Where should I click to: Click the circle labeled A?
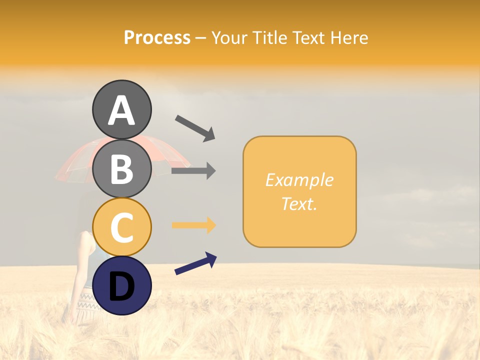click(x=121, y=109)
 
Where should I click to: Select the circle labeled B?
click(x=121, y=168)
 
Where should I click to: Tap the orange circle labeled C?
click(x=121, y=227)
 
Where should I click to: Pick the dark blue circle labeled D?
click(x=121, y=285)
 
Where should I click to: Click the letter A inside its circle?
click(x=121, y=110)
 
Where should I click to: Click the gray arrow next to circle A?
click(x=195, y=127)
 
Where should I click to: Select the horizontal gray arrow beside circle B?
click(x=193, y=171)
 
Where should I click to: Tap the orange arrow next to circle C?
click(x=193, y=225)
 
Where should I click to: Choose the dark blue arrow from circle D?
click(x=195, y=263)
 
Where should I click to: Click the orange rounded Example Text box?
click(x=299, y=191)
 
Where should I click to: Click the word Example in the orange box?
click(x=299, y=180)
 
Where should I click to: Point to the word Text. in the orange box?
click(x=299, y=203)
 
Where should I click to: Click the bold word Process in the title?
click(x=157, y=38)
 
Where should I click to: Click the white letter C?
click(x=121, y=228)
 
